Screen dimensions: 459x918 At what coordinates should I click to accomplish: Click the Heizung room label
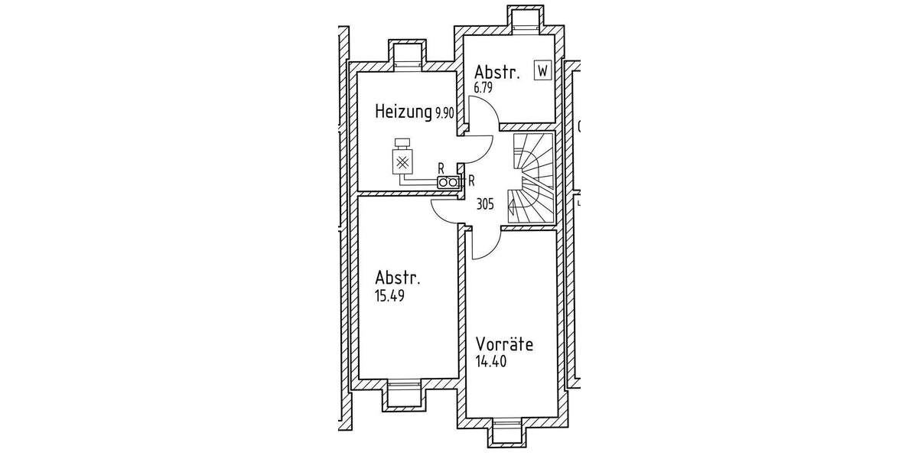tap(403, 112)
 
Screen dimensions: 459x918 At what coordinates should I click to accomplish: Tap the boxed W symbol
tap(542, 71)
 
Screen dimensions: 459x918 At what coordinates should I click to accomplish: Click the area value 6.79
tap(483, 88)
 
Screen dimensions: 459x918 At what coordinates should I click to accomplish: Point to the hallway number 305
tap(484, 204)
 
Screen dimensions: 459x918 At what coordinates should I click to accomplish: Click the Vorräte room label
tap(504, 343)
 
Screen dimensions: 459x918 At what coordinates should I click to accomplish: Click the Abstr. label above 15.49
tap(397, 277)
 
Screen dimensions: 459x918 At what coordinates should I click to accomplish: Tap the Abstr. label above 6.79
tap(496, 73)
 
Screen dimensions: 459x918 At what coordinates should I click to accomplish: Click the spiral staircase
tap(532, 178)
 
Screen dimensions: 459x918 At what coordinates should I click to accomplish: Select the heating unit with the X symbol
tap(402, 160)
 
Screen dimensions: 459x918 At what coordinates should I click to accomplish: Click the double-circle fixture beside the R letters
tap(448, 182)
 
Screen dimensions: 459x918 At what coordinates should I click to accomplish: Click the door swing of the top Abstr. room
tap(484, 115)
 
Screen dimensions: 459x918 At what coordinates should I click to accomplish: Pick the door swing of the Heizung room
tap(480, 150)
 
